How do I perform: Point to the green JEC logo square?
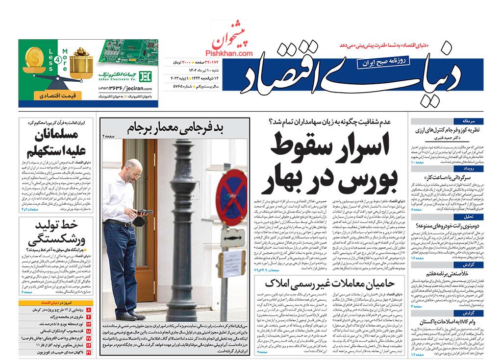pyautogui.click(x=146, y=76)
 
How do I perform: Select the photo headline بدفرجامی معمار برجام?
pyautogui.click(x=175, y=128)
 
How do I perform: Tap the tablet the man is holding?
pyautogui.click(x=145, y=212)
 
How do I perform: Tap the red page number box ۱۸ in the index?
pyautogui.click(x=89, y=331)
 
